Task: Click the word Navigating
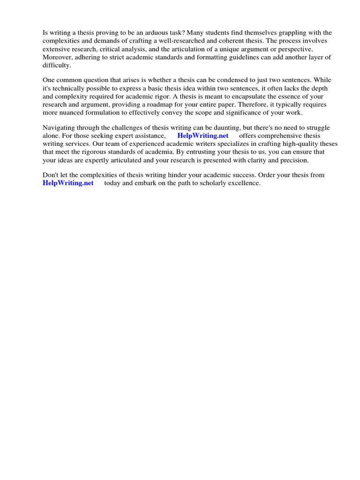[x=60, y=127]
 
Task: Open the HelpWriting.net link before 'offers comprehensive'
[x=202, y=136]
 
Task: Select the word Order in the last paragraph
[x=268, y=175]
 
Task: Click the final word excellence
[x=244, y=183]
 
